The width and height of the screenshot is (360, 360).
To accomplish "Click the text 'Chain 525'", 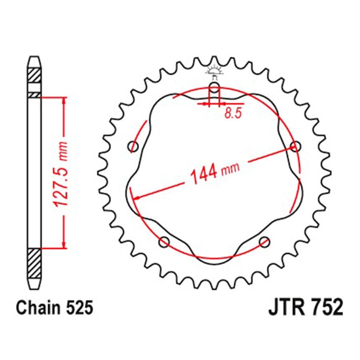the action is pos(55,308).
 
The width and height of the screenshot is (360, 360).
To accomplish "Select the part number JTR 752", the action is pos(306,307).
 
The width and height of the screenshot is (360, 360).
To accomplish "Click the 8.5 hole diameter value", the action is pos(233,113).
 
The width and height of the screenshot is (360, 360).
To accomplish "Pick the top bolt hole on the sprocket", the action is pos(214,87).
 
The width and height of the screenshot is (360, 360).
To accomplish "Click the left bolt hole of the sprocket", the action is pos(133,146).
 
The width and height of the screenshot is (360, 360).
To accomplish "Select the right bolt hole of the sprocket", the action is pos(295,146).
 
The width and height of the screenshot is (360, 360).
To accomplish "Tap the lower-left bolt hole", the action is pos(164,242).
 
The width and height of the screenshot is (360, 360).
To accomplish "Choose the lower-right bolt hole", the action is pos(264,242).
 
